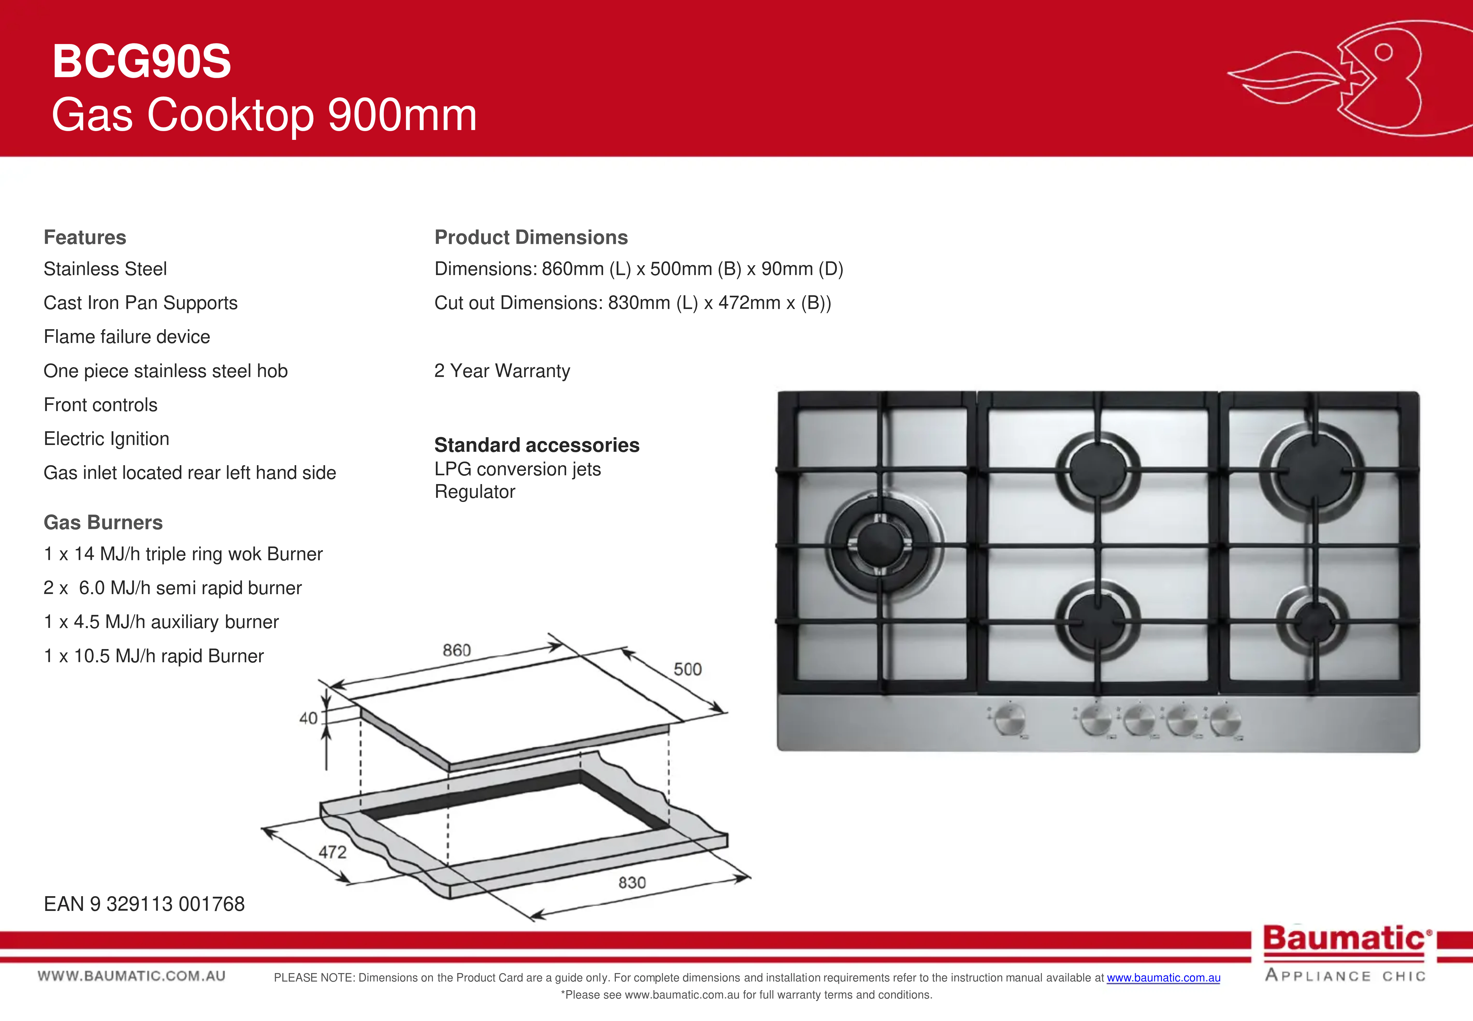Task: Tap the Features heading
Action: click(85, 237)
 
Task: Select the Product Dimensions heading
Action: click(531, 237)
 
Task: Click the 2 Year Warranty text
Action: click(502, 371)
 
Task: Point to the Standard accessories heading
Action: click(537, 445)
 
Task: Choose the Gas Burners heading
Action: click(103, 523)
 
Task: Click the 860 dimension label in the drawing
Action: click(457, 651)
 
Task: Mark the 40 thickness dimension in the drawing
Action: click(308, 718)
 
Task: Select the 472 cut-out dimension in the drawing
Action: click(333, 852)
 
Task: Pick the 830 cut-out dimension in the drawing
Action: click(632, 883)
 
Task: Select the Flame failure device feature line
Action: click(127, 337)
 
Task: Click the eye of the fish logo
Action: click(1383, 53)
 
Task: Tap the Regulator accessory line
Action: click(475, 492)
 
